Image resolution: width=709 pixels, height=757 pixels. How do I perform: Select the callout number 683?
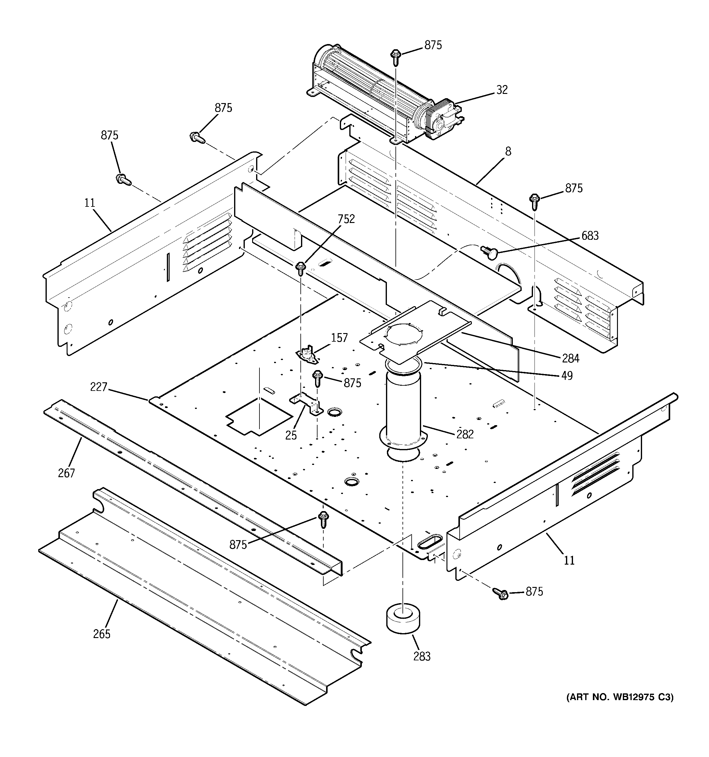[590, 236]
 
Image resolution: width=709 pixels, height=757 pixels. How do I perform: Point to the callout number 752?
[346, 219]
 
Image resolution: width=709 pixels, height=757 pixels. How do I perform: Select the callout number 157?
[339, 338]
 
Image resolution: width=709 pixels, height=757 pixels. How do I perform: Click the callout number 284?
[571, 358]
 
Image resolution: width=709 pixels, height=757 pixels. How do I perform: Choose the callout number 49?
[567, 376]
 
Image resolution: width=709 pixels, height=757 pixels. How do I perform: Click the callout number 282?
[465, 434]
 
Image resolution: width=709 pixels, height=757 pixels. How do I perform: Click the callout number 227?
[99, 387]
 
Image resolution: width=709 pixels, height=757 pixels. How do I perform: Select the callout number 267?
[67, 473]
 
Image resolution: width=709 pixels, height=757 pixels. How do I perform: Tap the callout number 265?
[101, 634]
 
